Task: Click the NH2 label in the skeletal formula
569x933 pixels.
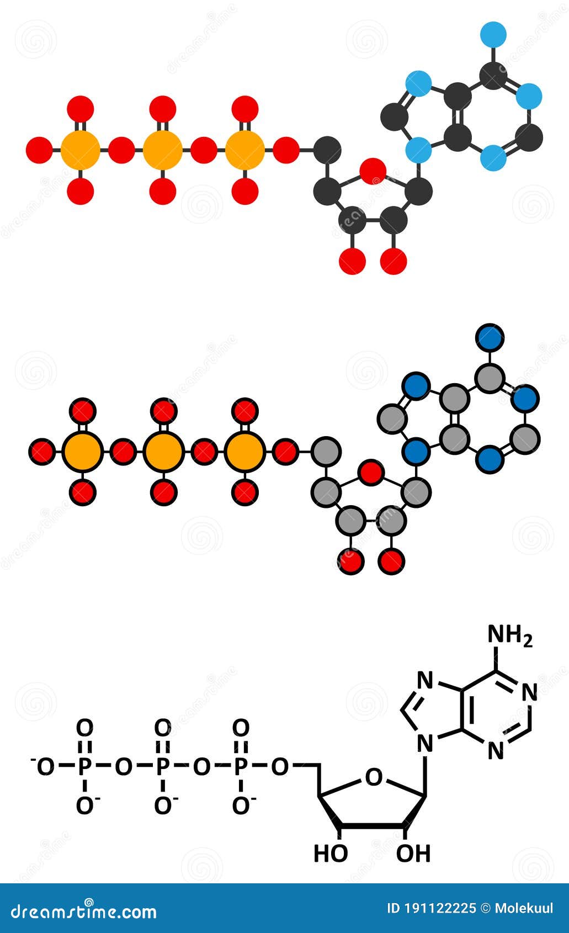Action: point(509,636)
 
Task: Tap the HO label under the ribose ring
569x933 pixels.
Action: point(331,854)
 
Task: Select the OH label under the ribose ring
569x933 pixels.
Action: point(413,854)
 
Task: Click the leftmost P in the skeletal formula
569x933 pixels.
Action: point(84,766)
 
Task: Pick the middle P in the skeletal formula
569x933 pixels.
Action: point(162,766)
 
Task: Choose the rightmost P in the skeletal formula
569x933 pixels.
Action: point(241,766)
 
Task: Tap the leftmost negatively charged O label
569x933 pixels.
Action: point(44,766)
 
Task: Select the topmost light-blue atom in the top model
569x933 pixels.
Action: point(493,34)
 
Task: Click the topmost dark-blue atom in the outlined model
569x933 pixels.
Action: point(490,338)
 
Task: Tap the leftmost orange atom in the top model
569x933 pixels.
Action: point(81,149)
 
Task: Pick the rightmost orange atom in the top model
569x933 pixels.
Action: point(244,149)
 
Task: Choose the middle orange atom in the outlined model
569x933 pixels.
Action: point(163,452)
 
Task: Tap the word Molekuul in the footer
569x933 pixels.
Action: point(524,908)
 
